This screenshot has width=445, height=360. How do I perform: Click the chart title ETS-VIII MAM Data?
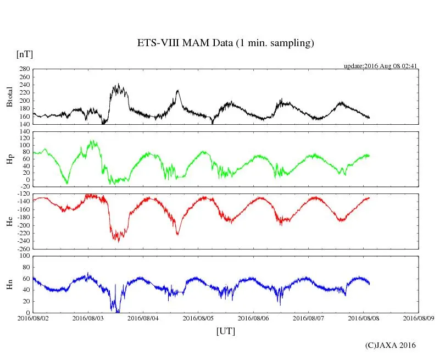225,43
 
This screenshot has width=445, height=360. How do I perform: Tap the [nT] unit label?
24,54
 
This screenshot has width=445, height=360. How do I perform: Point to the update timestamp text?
381,66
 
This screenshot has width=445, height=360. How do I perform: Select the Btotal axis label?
9,96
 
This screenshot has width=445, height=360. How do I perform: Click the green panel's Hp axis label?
9,159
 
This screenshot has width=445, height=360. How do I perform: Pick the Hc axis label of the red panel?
9,221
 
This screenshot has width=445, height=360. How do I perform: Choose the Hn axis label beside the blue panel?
9,284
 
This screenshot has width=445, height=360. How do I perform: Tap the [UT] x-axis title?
226,331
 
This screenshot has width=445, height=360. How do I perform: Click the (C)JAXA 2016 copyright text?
391,345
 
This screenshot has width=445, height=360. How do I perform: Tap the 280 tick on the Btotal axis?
24,69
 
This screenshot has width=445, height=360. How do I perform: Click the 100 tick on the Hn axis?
24,256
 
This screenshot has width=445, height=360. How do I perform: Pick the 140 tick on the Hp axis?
24,131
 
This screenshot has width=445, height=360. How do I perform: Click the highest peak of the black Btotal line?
118,84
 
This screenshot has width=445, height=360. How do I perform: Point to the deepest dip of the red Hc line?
119,242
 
